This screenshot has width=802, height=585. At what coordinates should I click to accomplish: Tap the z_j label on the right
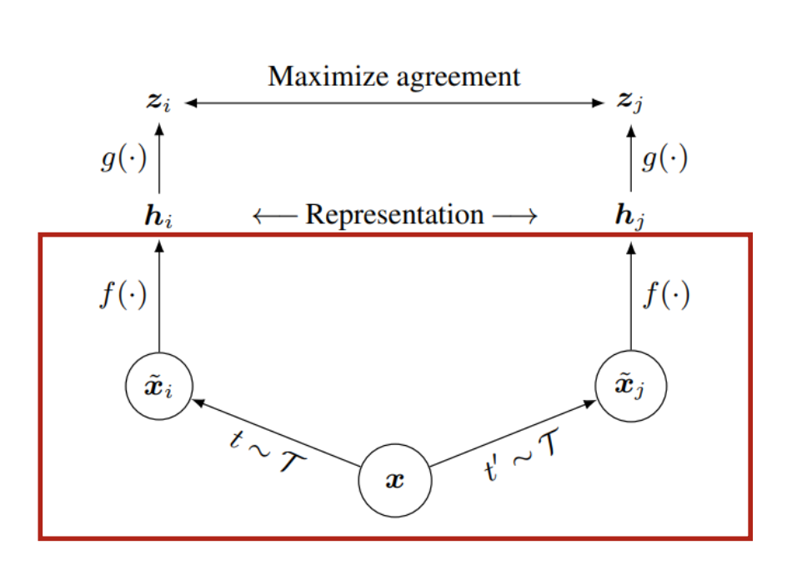point(631,102)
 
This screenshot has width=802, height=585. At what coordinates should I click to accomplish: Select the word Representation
point(394,215)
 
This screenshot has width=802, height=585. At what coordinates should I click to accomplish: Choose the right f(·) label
point(666,296)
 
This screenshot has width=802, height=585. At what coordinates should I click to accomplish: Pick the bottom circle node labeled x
point(395,482)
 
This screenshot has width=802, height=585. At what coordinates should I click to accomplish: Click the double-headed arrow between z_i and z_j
point(393,103)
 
